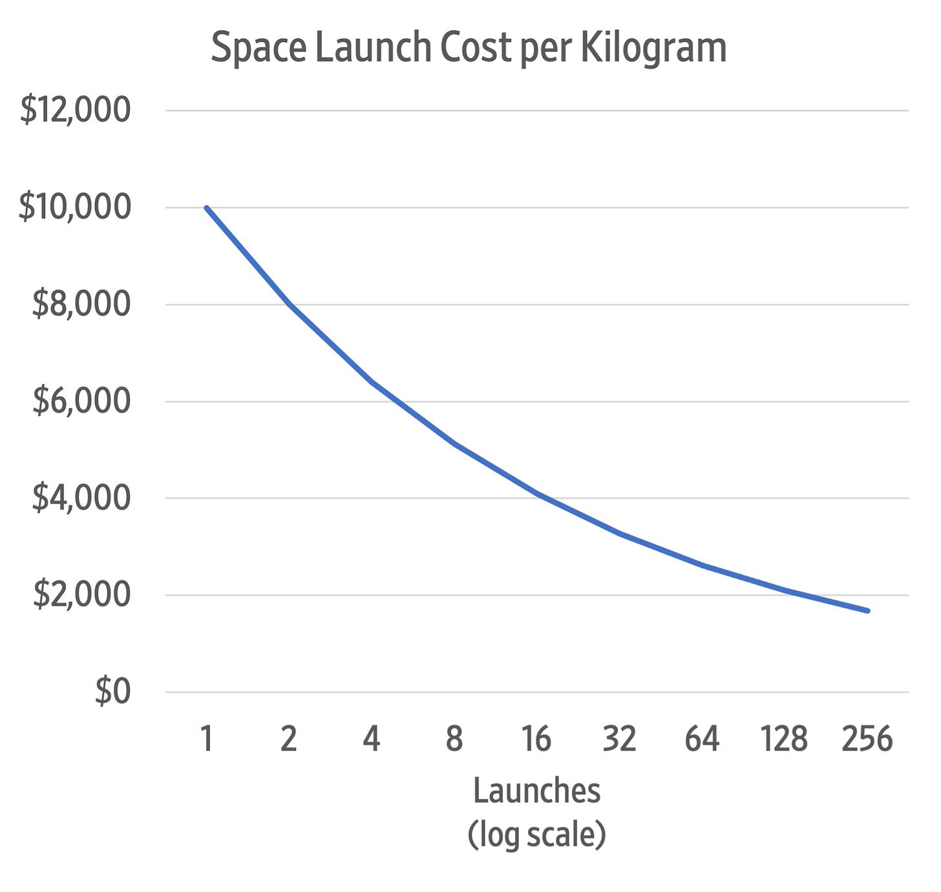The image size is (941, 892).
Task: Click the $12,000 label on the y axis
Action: point(75,111)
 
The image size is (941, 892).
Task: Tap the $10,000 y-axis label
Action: point(75,207)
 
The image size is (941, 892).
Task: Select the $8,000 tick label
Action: point(81,304)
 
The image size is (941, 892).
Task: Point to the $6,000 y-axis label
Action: point(81,401)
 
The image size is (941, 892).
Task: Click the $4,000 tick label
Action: point(81,498)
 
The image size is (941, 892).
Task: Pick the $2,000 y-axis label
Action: point(81,595)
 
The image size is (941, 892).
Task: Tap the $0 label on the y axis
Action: point(112,692)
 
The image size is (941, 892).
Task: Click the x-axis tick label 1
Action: point(207,739)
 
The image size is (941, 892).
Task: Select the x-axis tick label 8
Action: point(454,739)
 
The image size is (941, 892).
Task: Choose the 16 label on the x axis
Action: point(536,739)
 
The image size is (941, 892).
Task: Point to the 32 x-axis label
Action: point(619,739)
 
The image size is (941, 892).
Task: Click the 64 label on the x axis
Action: point(702,739)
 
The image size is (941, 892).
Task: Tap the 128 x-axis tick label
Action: point(784,739)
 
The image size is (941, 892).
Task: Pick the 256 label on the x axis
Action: point(867,739)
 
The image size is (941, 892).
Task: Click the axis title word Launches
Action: point(536,790)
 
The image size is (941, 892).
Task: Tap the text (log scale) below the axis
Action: point(536,834)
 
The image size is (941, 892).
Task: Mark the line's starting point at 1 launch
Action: point(207,207)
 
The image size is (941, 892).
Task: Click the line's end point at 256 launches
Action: point(867,610)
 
